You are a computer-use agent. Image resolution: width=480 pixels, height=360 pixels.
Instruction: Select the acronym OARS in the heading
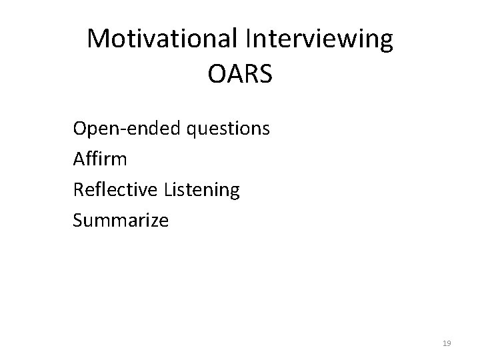[240, 74]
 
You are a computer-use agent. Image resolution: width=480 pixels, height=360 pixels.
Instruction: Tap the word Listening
[199, 189]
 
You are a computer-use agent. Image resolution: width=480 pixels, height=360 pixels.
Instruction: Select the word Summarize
[121, 220]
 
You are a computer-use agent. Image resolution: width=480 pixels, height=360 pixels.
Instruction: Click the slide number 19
[447, 343]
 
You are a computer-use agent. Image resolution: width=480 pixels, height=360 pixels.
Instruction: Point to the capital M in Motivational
[99, 39]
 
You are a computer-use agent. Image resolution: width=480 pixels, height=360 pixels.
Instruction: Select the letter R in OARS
[249, 74]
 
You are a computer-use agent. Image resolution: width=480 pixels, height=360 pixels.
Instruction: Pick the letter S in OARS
[265, 74]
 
